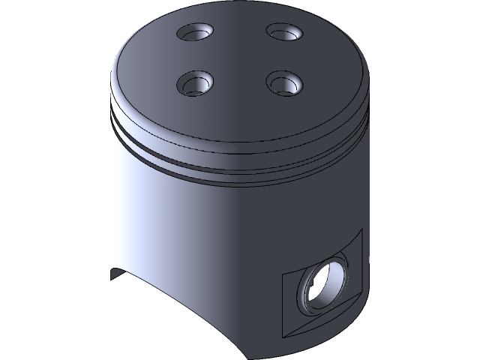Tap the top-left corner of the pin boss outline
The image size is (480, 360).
[x=281, y=277]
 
